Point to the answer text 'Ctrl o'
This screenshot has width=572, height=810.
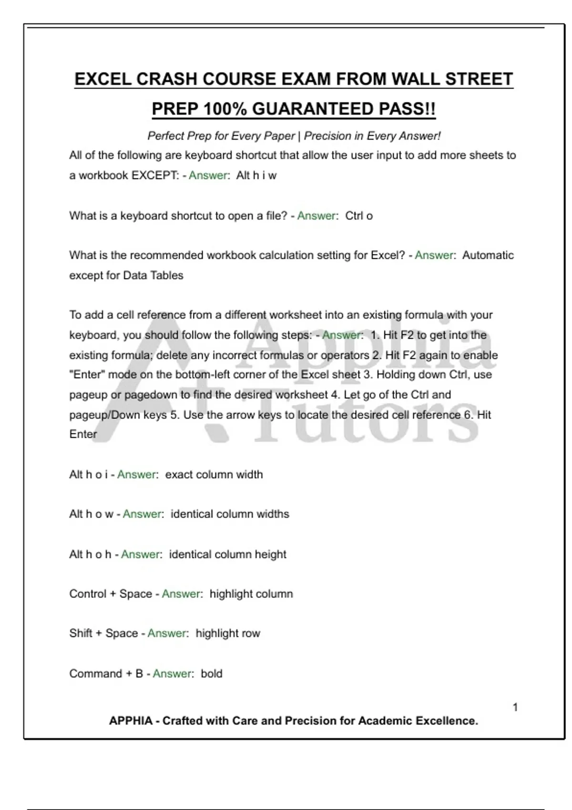pyautogui.click(x=359, y=216)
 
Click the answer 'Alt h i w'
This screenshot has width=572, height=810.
pyautogui.click(x=256, y=175)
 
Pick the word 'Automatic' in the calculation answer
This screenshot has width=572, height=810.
pyautogui.click(x=488, y=255)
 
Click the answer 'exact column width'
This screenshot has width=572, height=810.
pyautogui.click(x=214, y=475)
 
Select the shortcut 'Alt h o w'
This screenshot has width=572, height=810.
pyautogui.click(x=92, y=514)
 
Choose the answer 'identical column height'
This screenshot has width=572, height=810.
pyautogui.click(x=228, y=555)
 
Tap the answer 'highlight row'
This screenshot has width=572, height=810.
pyautogui.click(x=228, y=634)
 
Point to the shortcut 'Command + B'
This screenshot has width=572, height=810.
pyautogui.click(x=106, y=674)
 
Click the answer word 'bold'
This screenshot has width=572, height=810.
pyautogui.click(x=212, y=674)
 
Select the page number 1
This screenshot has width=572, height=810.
pyautogui.click(x=515, y=708)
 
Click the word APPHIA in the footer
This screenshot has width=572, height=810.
pyautogui.click(x=131, y=721)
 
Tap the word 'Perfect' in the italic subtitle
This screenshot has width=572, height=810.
pyautogui.click(x=165, y=136)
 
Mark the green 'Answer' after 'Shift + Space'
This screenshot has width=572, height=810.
pyautogui.click(x=167, y=634)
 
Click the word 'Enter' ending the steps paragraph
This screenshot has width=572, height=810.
pyautogui.click(x=83, y=435)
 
